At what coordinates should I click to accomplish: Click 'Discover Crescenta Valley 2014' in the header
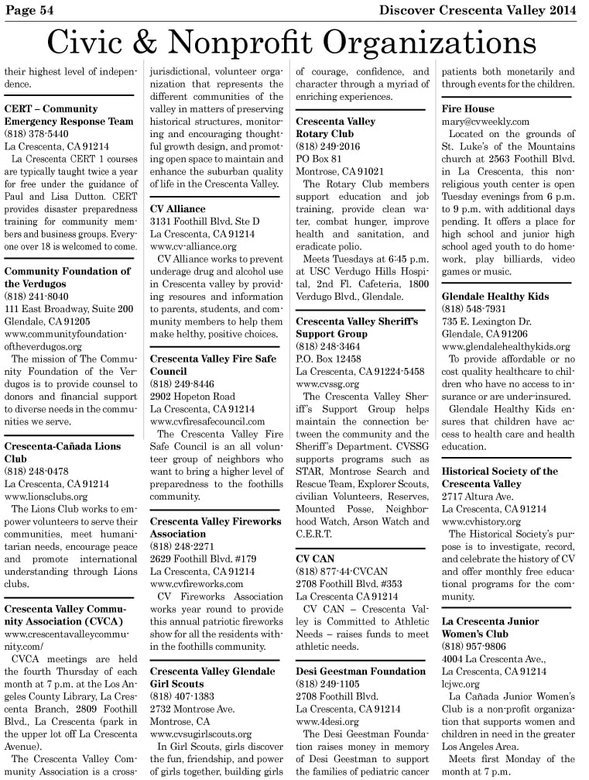click(x=478, y=9)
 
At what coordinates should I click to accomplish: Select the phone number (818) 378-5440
click(x=36, y=134)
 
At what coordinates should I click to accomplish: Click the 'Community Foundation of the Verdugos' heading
click(x=67, y=277)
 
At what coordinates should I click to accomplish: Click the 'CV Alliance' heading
click(x=177, y=208)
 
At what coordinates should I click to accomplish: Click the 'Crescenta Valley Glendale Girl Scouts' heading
click(x=212, y=678)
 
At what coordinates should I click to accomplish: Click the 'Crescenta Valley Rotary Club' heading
click(x=335, y=128)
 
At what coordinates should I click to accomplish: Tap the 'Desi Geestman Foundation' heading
click(x=361, y=671)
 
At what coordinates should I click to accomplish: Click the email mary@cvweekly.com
click(x=485, y=122)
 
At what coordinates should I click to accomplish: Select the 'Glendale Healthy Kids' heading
click(x=495, y=297)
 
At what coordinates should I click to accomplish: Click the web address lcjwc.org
click(x=461, y=684)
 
